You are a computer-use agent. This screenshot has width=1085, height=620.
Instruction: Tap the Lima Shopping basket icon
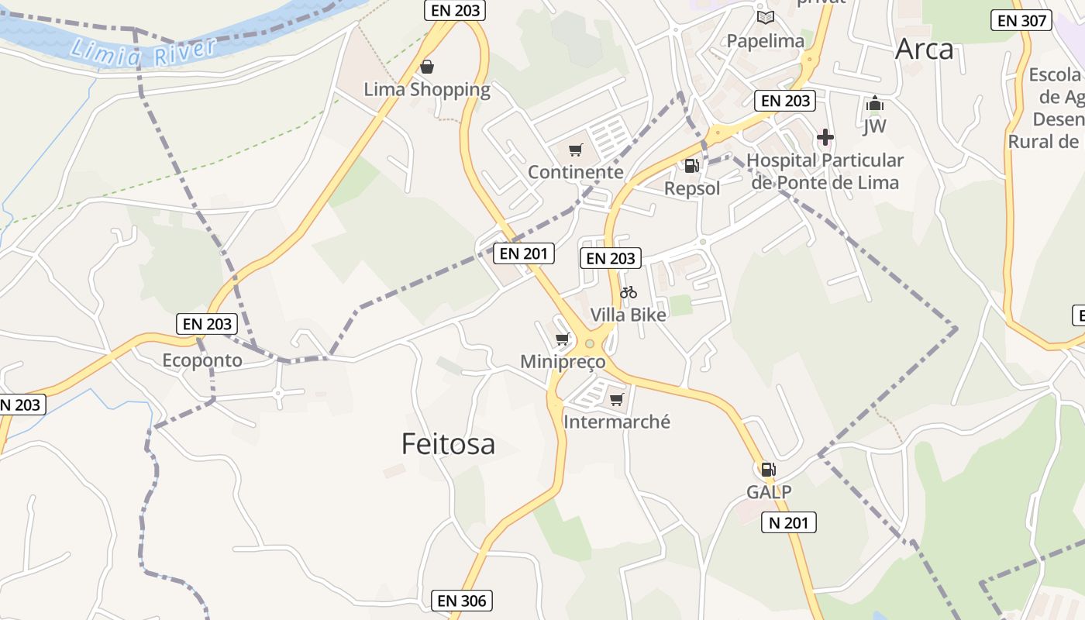click(427, 67)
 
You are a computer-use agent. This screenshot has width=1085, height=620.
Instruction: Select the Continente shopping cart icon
click(575, 150)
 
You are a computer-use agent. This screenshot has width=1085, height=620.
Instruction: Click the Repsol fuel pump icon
click(691, 165)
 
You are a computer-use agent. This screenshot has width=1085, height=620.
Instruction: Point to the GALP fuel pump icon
click(768, 469)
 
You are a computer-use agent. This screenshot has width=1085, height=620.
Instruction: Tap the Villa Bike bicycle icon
click(629, 293)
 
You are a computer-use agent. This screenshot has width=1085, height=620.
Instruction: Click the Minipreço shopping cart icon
click(563, 339)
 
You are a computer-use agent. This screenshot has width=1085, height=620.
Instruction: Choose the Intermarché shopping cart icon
click(617, 399)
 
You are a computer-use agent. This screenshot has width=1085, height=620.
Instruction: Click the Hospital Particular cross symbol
click(825, 138)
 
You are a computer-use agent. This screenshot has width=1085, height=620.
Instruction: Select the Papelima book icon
click(766, 17)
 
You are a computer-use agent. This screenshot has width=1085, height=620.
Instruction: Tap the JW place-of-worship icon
click(875, 103)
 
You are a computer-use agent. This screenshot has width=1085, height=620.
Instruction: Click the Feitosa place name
click(448, 444)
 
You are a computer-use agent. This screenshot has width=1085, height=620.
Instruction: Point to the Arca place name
click(924, 50)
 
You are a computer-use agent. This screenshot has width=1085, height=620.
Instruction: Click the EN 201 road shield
click(524, 253)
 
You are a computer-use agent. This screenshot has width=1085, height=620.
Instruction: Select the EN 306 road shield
click(462, 601)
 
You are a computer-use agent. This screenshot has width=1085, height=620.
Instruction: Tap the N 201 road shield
click(788, 523)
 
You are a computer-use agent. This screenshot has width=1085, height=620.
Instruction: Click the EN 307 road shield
click(1021, 21)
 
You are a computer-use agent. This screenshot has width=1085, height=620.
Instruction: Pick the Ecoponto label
click(202, 360)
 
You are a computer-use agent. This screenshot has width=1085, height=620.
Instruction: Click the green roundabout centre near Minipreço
click(590, 343)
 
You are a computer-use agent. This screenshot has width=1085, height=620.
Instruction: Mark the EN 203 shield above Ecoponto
click(207, 324)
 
